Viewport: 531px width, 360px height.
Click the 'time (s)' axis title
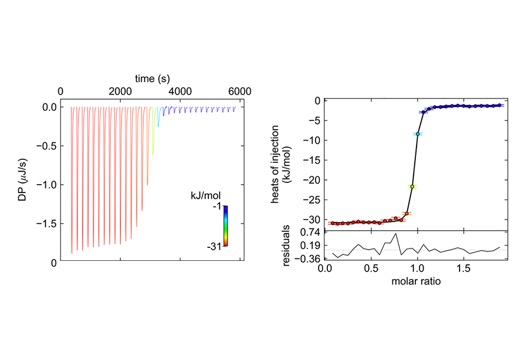152,78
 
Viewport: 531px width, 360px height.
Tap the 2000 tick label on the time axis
120,91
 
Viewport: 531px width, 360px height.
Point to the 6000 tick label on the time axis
240,91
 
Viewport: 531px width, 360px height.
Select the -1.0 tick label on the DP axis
47,185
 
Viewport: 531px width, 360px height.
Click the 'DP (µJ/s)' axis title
22,180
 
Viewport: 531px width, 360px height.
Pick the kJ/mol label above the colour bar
205,195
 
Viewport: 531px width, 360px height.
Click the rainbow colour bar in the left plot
225,226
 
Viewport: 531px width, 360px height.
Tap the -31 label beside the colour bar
214,247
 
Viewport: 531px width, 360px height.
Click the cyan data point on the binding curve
418,134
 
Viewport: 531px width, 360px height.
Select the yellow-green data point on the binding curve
412,186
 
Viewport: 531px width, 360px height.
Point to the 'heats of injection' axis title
274,164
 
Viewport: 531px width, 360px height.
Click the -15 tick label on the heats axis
312,160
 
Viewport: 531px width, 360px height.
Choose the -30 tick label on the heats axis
312,220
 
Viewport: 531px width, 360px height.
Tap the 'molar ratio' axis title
416,282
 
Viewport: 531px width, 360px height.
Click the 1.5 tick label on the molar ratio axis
464,269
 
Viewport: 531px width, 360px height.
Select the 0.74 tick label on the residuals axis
310,233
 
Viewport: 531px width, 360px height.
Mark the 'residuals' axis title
286,246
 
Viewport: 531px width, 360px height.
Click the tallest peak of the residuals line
395,233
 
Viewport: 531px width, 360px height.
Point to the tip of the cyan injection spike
158,127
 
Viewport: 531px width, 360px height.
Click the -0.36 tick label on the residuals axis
307,259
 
